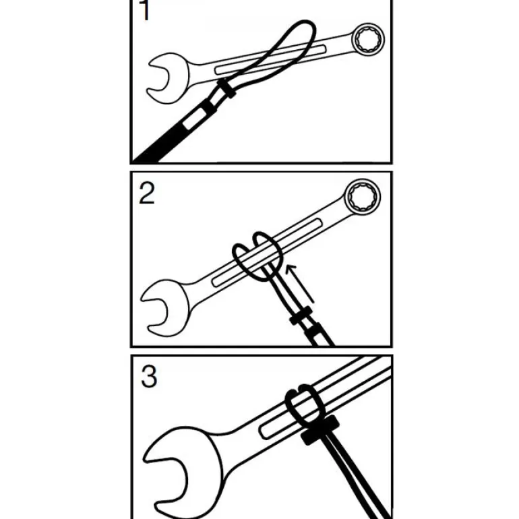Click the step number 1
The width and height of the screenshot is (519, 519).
(144, 10)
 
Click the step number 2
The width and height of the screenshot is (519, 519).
(147, 193)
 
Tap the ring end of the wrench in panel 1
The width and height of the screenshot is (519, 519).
(368, 39)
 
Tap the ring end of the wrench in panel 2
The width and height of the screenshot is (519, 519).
(363, 197)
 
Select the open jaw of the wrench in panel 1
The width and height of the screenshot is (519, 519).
(168, 78)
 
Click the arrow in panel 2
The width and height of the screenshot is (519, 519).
(299, 283)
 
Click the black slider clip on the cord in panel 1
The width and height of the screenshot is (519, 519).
(227, 88)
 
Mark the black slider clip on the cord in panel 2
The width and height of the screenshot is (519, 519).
(301, 315)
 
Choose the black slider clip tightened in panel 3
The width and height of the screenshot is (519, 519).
(320, 430)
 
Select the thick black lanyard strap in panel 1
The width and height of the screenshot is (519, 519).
(175, 132)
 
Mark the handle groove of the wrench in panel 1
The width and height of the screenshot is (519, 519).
(270, 59)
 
